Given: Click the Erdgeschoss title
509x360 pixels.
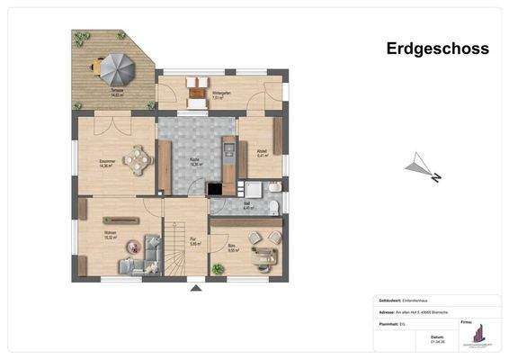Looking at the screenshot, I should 437,49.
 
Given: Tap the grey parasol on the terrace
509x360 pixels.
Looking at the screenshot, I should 117,66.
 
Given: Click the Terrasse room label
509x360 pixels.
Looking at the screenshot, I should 116,92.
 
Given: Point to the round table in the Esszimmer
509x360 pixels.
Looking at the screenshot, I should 137,159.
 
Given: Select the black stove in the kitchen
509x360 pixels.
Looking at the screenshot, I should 216,190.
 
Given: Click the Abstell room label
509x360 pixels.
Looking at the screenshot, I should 262,154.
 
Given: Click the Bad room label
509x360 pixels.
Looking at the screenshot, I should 247,206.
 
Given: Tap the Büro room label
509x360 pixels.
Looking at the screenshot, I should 231,248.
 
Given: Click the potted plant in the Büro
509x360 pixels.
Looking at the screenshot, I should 217,268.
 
